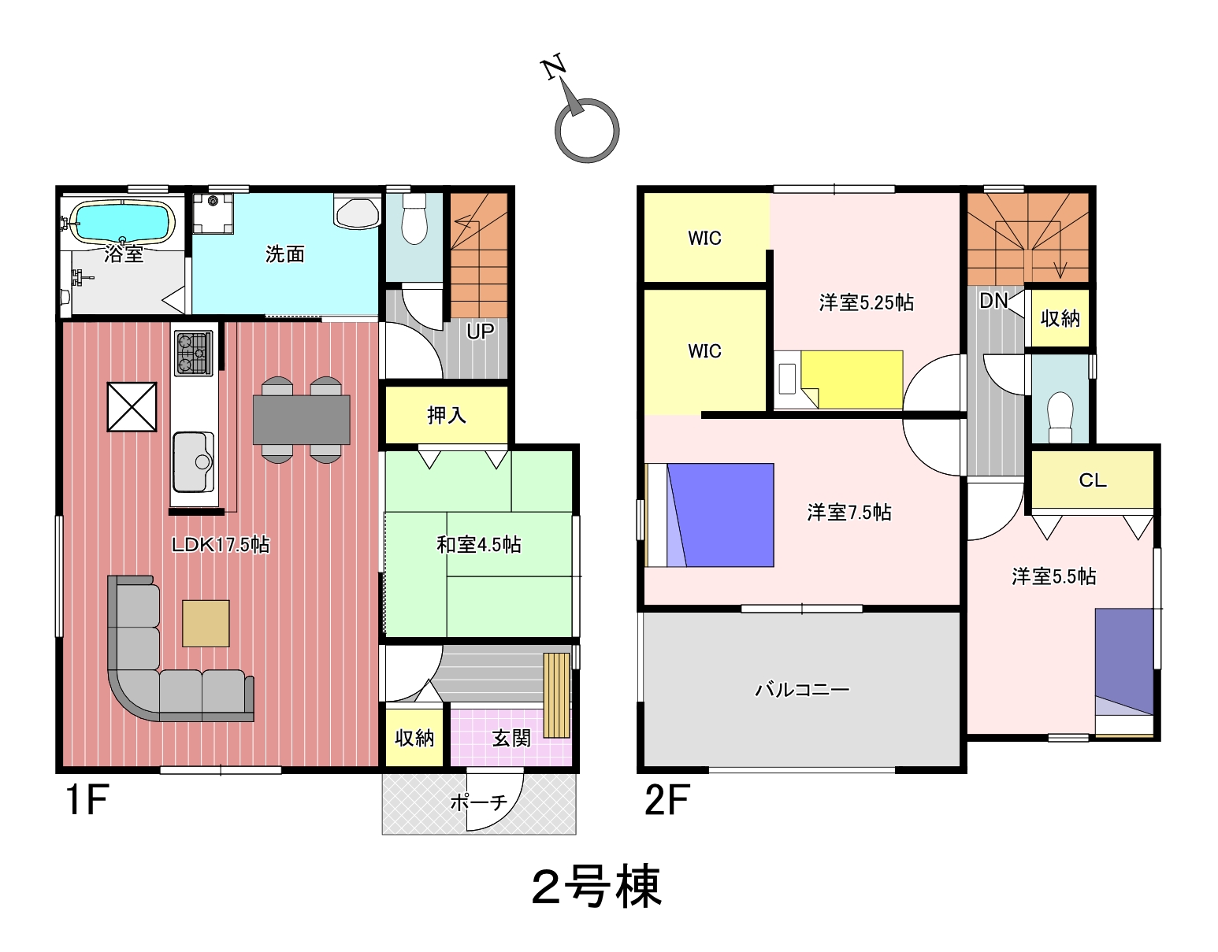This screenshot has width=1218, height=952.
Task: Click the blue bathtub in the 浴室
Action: (x=122, y=222)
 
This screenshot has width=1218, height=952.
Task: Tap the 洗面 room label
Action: (x=284, y=255)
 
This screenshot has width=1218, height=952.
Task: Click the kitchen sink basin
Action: (x=193, y=461)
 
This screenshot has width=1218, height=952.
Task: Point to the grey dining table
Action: (x=302, y=420)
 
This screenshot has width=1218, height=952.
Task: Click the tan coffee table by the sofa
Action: (x=206, y=624)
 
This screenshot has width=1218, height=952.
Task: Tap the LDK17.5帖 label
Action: (x=221, y=544)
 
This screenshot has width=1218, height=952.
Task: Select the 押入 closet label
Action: (x=446, y=415)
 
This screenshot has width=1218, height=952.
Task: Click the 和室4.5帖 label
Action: (x=479, y=544)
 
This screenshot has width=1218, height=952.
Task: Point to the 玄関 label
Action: (x=511, y=738)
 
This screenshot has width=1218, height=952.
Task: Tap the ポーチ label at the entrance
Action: (x=479, y=802)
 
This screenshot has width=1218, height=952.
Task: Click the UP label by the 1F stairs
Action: (x=481, y=332)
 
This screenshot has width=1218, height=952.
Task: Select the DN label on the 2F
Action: (x=993, y=302)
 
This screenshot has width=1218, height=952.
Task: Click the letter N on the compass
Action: (x=553, y=68)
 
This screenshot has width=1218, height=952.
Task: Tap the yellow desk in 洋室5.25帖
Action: (x=852, y=379)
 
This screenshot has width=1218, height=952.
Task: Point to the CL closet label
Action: (x=1093, y=480)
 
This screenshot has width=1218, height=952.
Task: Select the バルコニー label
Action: (x=802, y=689)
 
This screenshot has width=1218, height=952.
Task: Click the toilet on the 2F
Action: (x=1060, y=417)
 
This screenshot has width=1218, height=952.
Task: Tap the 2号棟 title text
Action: (x=596, y=887)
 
